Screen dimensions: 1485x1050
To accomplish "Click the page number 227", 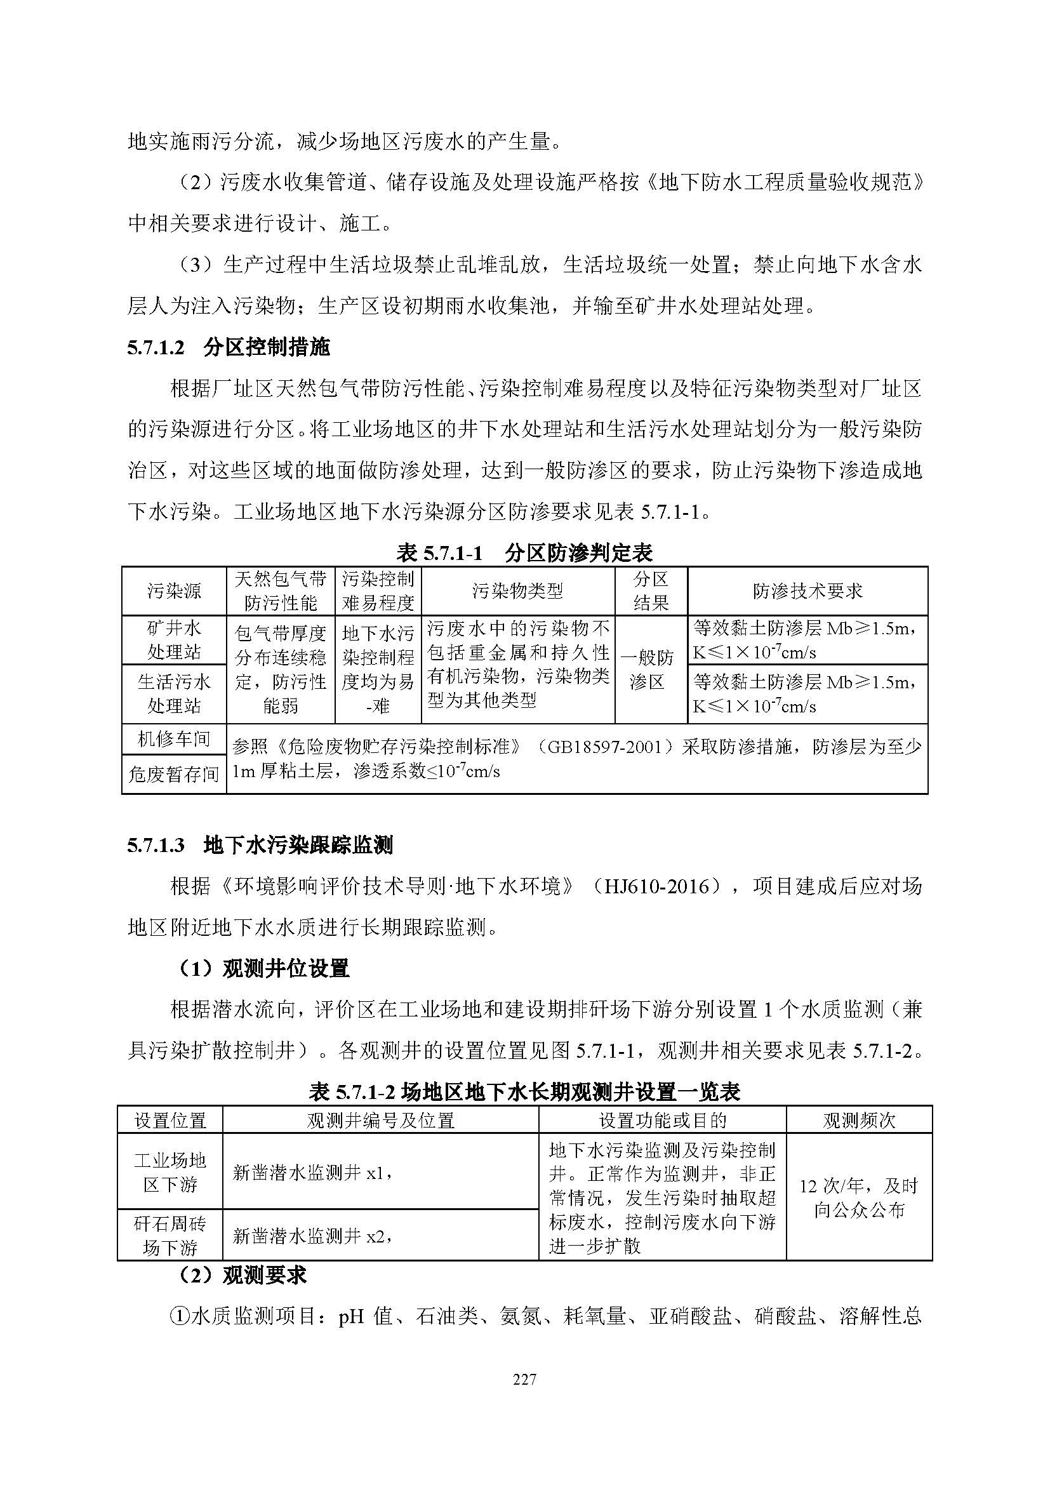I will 524,1380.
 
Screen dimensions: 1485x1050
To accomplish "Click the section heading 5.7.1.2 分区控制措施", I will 229,347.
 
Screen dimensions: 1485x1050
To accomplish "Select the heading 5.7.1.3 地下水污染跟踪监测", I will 260,844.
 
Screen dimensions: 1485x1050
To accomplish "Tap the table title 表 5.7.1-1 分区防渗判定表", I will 524,552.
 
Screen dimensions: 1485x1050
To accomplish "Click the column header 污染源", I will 174,590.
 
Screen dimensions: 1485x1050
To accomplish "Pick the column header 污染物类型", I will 517,590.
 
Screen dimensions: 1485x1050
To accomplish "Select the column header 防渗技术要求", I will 807,590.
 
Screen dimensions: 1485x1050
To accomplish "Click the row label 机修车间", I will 174,739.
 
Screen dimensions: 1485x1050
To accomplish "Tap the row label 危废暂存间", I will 174,774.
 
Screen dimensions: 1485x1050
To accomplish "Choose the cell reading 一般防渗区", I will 651,669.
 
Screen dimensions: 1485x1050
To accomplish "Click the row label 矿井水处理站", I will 174,640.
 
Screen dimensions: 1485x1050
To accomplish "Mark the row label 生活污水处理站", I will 174,693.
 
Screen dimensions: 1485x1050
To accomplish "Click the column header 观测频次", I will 859,1120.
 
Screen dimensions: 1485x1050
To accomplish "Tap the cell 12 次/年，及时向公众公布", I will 859,1198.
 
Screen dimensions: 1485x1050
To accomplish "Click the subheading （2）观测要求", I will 242,1275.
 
